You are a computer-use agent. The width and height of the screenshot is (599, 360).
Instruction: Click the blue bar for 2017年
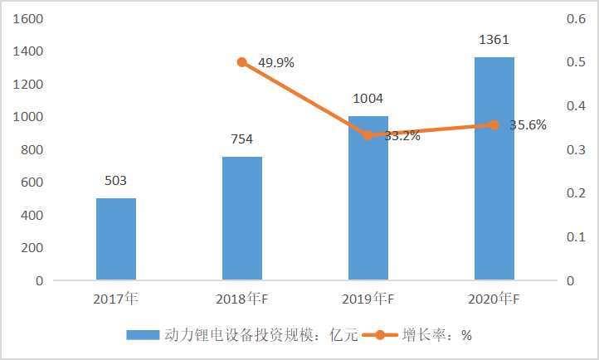pos(116,239)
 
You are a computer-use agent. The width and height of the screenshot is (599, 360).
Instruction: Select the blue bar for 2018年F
pos(242,218)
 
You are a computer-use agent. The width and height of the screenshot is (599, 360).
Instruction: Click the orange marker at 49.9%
pos(242,62)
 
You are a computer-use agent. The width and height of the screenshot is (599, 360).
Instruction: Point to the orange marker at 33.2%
pos(368,135)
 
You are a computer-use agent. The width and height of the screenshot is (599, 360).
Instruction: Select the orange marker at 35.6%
pos(494,125)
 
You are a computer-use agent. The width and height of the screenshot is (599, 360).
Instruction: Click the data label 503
pos(116,180)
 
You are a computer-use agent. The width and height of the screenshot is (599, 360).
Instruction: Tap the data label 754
pos(242,139)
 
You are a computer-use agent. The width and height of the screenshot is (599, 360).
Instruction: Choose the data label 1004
pos(368,98)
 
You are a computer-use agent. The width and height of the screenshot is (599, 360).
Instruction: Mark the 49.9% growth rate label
pos(276,62)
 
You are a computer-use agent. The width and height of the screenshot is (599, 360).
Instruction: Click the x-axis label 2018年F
pos(242,299)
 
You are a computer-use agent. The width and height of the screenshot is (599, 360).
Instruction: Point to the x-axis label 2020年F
pos(494,299)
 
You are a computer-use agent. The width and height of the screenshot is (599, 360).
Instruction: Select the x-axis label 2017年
pos(116,299)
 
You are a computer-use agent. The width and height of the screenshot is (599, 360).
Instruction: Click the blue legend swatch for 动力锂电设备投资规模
pos(143,335)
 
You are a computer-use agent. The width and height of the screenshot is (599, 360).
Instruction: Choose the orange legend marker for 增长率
pos(380,335)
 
